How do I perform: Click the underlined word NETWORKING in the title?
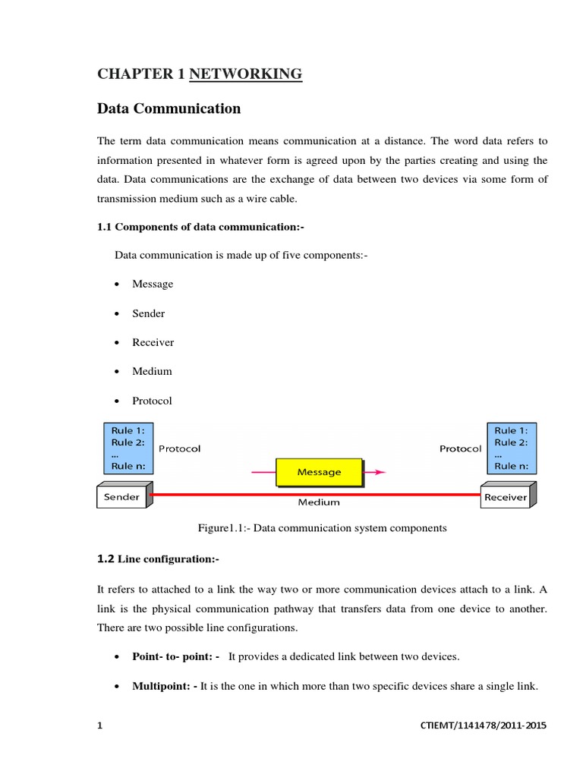[x=245, y=74]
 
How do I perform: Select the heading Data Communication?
[x=169, y=109]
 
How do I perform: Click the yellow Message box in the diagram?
[x=319, y=472]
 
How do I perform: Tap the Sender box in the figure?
[x=122, y=497]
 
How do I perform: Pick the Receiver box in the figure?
[x=506, y=497]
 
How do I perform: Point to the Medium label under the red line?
[x=319, y=502]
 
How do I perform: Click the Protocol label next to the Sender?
[x=180, y=448]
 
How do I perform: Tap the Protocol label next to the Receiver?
[x=460, y=448]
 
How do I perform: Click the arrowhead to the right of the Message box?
[x=380, y=472]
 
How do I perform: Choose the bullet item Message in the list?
[x=153, y=284]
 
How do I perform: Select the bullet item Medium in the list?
[x=152, y=371]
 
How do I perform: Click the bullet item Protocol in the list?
[x=153, y=401]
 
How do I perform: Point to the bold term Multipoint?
[x=165, y=687]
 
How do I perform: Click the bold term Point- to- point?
[x=175, y=656]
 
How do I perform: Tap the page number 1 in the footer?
[x=99, y=725]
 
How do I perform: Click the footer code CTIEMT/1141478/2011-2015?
[x=483, y=725]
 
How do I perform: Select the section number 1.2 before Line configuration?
[x=106, y=559]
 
